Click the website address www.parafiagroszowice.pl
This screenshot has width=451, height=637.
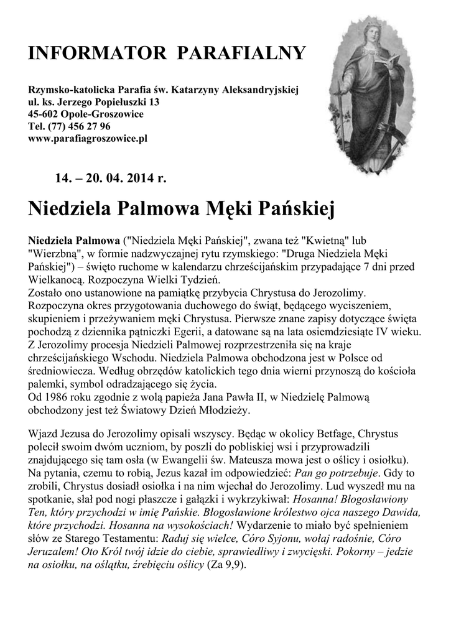coord(88,138)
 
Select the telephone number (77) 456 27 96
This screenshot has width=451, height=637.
coord(80,126)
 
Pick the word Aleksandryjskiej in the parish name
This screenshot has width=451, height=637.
coord(264,90)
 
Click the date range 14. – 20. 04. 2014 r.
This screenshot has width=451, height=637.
coord(111,179)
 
